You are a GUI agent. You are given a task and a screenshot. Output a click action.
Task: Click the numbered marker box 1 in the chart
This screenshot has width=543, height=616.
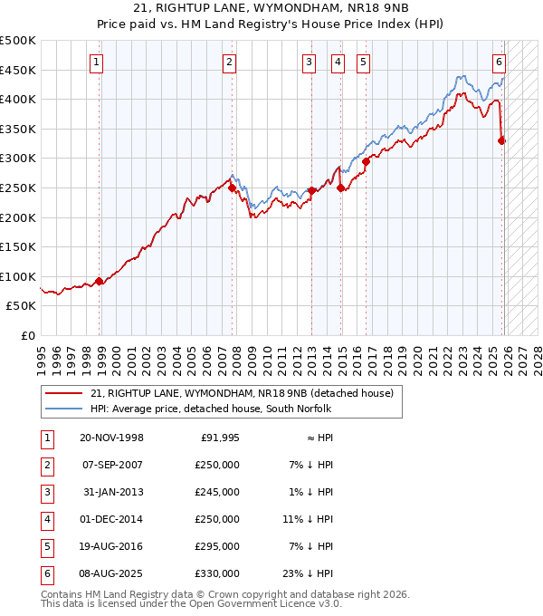click(x=96, y=63)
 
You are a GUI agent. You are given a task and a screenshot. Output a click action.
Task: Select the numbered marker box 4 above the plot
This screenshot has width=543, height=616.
click(x=338, y=63)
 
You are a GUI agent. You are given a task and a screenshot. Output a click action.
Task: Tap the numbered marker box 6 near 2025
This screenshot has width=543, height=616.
click(x=499, y=63)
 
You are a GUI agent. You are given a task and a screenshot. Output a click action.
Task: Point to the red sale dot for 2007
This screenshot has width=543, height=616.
click(x=232, y=188)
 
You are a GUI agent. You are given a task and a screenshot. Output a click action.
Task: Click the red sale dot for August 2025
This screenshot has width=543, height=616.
click(x=502, y=140)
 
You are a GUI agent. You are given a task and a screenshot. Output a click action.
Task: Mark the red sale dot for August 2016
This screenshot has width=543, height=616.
click(x=367, y=161)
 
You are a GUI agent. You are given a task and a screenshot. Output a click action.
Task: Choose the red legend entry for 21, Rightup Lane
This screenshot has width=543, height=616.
click(x=242, y=393)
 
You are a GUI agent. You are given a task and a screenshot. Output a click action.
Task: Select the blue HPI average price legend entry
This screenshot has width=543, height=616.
click(x=211, y=409)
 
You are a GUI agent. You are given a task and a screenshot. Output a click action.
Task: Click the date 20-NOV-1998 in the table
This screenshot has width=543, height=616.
click(x=111, y=438)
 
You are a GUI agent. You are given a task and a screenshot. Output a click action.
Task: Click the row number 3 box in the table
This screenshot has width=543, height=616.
click(x=46, y=492)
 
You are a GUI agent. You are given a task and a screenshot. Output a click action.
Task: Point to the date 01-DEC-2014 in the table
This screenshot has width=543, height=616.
click(x=111, y=519)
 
